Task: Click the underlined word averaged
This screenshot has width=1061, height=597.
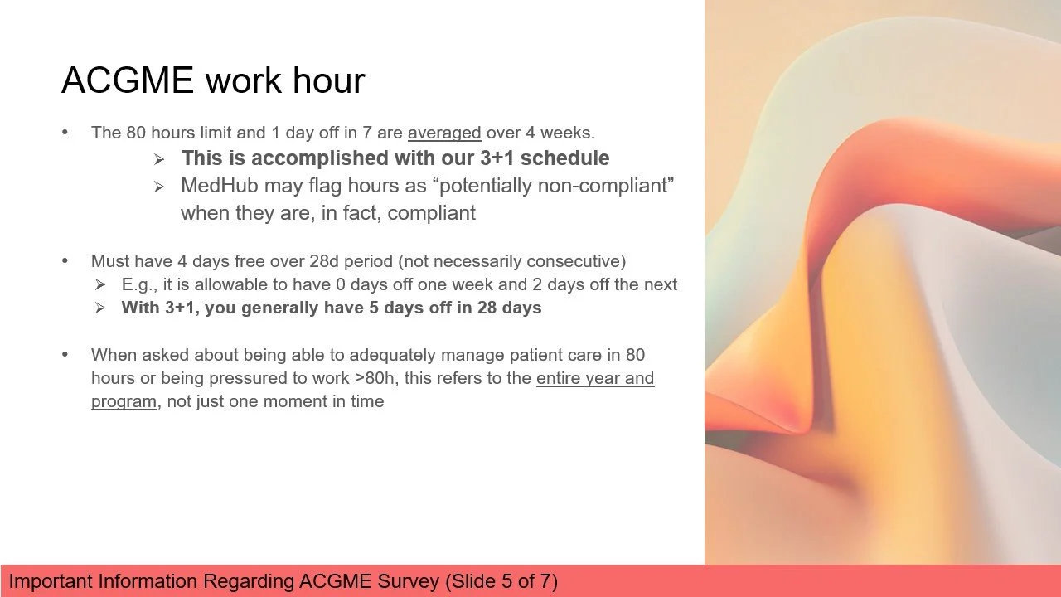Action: click(444, 133)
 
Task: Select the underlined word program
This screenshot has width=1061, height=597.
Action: click(124, 402)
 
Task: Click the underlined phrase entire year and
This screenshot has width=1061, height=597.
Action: click(595, 378)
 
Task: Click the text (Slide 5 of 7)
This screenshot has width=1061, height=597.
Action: click(501, 581)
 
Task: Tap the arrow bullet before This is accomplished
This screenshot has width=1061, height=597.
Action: click(159, 159)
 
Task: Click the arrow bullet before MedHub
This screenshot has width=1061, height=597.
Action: click(159, 187)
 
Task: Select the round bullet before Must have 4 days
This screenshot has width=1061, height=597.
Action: click(65, 261)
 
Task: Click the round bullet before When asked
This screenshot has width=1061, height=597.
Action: click(65, 354)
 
